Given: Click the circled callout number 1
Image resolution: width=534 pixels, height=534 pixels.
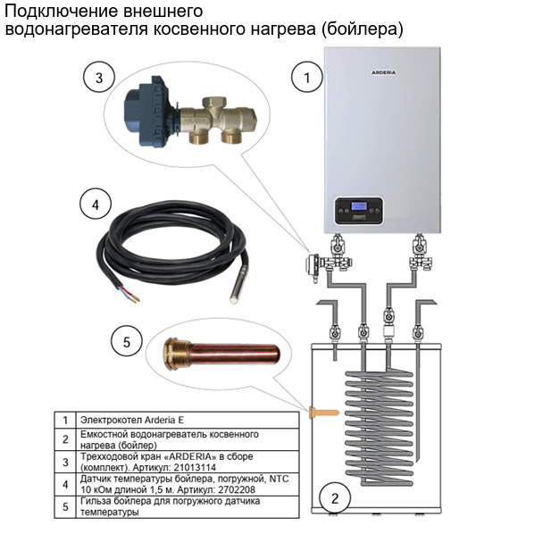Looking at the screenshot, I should (x=307, y=78).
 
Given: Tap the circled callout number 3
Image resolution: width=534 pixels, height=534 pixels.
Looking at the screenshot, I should (x=99, y=78).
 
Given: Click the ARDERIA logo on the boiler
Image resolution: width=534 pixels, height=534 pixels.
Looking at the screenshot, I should (x=384, y=69).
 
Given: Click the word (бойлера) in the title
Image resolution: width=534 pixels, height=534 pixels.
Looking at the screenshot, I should (x=367, y=30).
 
